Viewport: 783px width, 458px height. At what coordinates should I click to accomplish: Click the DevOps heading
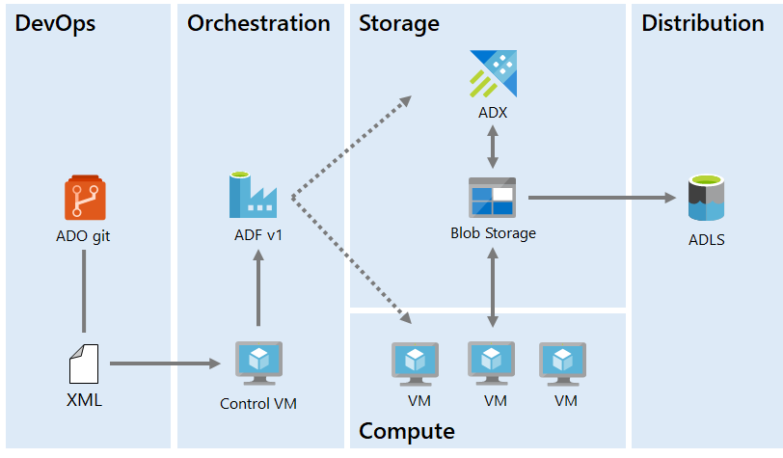[55, 24]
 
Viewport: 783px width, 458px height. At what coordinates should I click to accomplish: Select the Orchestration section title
[258, 24]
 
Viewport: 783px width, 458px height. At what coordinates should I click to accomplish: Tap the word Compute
[406, 430]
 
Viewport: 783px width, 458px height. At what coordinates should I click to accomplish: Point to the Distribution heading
[702, 24]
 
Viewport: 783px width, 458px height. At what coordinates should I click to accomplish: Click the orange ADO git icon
[84, 198]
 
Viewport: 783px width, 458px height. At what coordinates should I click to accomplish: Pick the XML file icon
[84, 364]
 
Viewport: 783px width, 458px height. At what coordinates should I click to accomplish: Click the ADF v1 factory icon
[253, 195]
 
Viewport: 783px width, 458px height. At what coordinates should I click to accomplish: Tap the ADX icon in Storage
[493, 74]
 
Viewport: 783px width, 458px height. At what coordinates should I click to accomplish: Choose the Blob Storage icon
[493, 197]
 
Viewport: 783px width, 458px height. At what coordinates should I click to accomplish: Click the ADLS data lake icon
[707, 198]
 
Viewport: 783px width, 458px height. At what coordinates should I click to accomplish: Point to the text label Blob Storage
[493, 232]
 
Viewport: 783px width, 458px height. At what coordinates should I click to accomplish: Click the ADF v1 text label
[258, 233]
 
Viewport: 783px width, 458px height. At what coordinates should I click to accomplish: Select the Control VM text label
[258, 403]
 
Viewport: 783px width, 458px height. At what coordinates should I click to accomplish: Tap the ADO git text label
[84, 233]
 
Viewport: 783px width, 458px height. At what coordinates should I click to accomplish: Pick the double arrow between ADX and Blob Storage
[493, 148]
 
